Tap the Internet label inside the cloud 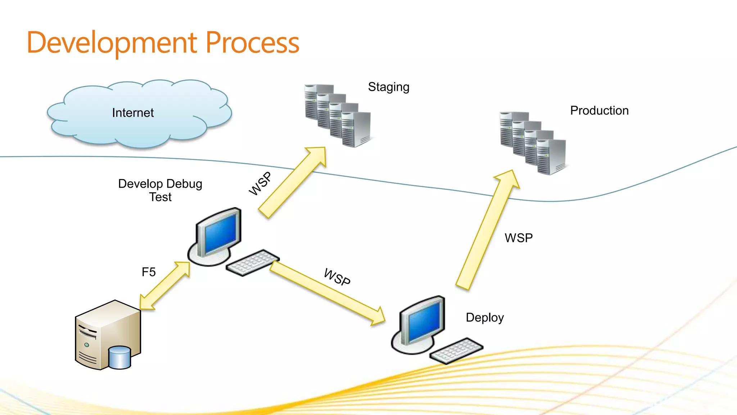133,113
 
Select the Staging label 389,87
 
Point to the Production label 599,111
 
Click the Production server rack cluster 533,143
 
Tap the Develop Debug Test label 160,190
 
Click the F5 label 149,272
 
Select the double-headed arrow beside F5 165,286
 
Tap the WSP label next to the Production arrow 519,238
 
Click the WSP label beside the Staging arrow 260,184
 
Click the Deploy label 485,318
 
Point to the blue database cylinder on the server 119,357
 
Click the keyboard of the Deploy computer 456,351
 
